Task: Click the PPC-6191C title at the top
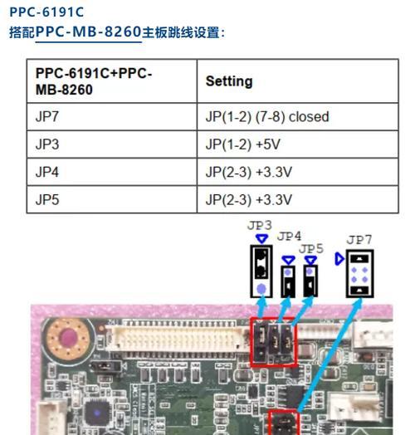coord(46,12)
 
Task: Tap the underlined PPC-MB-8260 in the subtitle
coord(89,32)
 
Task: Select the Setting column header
coord(229,81)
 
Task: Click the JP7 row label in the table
coord(47,116)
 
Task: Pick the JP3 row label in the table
coord(47,144)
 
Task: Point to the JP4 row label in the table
coord(47,172)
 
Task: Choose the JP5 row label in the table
coord(47,199)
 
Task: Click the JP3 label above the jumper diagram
coord(259,226)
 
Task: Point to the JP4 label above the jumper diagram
coord(289,237)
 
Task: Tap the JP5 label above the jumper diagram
coord(311,248)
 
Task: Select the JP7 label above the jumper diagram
coord(359,240)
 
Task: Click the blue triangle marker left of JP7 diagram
coord(339,259)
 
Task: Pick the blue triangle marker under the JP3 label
coord(261,239)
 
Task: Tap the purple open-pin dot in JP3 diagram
coord(261,289)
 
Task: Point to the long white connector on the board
coord(178,338)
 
